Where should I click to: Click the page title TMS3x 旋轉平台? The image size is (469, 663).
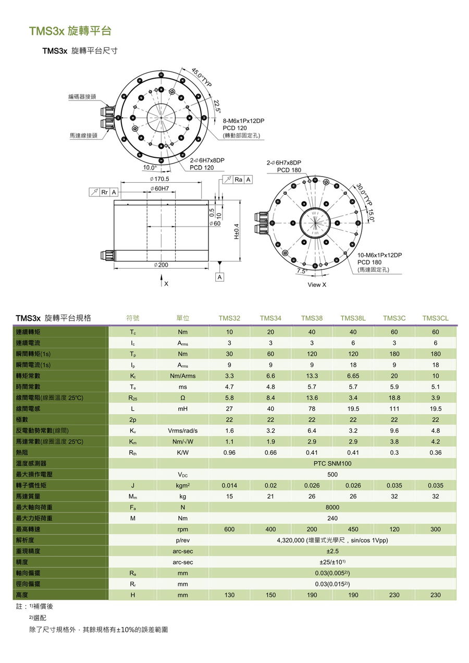click(x=70, y=31)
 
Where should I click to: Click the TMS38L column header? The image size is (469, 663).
click(x=353, y=318)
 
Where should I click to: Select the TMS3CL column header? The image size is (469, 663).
click(x=435, y=318)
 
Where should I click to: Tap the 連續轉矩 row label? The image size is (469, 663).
click(x=28, y=332)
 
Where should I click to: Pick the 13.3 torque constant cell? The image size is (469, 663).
click(x=312, y=376)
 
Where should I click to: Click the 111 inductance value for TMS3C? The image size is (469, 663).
click(x=394, y=409)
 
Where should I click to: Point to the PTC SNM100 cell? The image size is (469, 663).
click(x=332, y=464)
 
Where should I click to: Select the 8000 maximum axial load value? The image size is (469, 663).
click(x=332, y=507)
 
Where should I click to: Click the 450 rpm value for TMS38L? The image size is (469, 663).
click(x=353, y=529)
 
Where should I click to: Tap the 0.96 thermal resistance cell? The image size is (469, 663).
click(x=229, y=453)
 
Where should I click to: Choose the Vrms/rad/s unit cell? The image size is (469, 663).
click(x=182, y=431)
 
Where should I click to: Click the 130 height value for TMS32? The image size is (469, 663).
click(x=229, y=595)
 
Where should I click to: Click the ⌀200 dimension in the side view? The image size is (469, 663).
click(x=161, y=265)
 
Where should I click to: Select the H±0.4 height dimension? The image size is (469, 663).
click(x=236, y=231)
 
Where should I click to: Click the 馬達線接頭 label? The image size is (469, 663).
click(x=83, y=135)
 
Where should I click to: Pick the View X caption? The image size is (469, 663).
click(x=317, y=284)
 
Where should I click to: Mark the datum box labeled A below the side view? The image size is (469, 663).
click(x=220, y=278)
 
